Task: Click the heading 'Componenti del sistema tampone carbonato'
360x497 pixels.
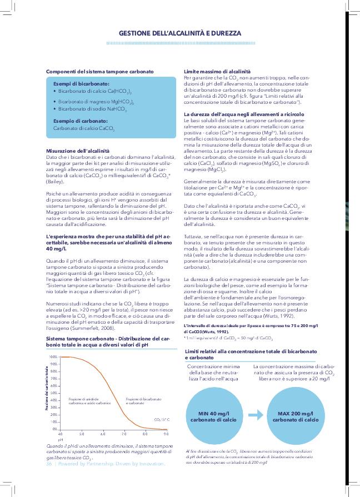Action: pyautogui.click(x=100, y=72)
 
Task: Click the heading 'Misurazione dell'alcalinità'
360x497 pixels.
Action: pyautogui.click(x=77, y=151)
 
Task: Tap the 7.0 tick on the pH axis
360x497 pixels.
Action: pyautogui.click(x=124, y=433)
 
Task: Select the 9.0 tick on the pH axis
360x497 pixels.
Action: pyautogui.click(x=166, y=433)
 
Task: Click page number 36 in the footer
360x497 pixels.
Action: pyautogui.click(x=49, y=464)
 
